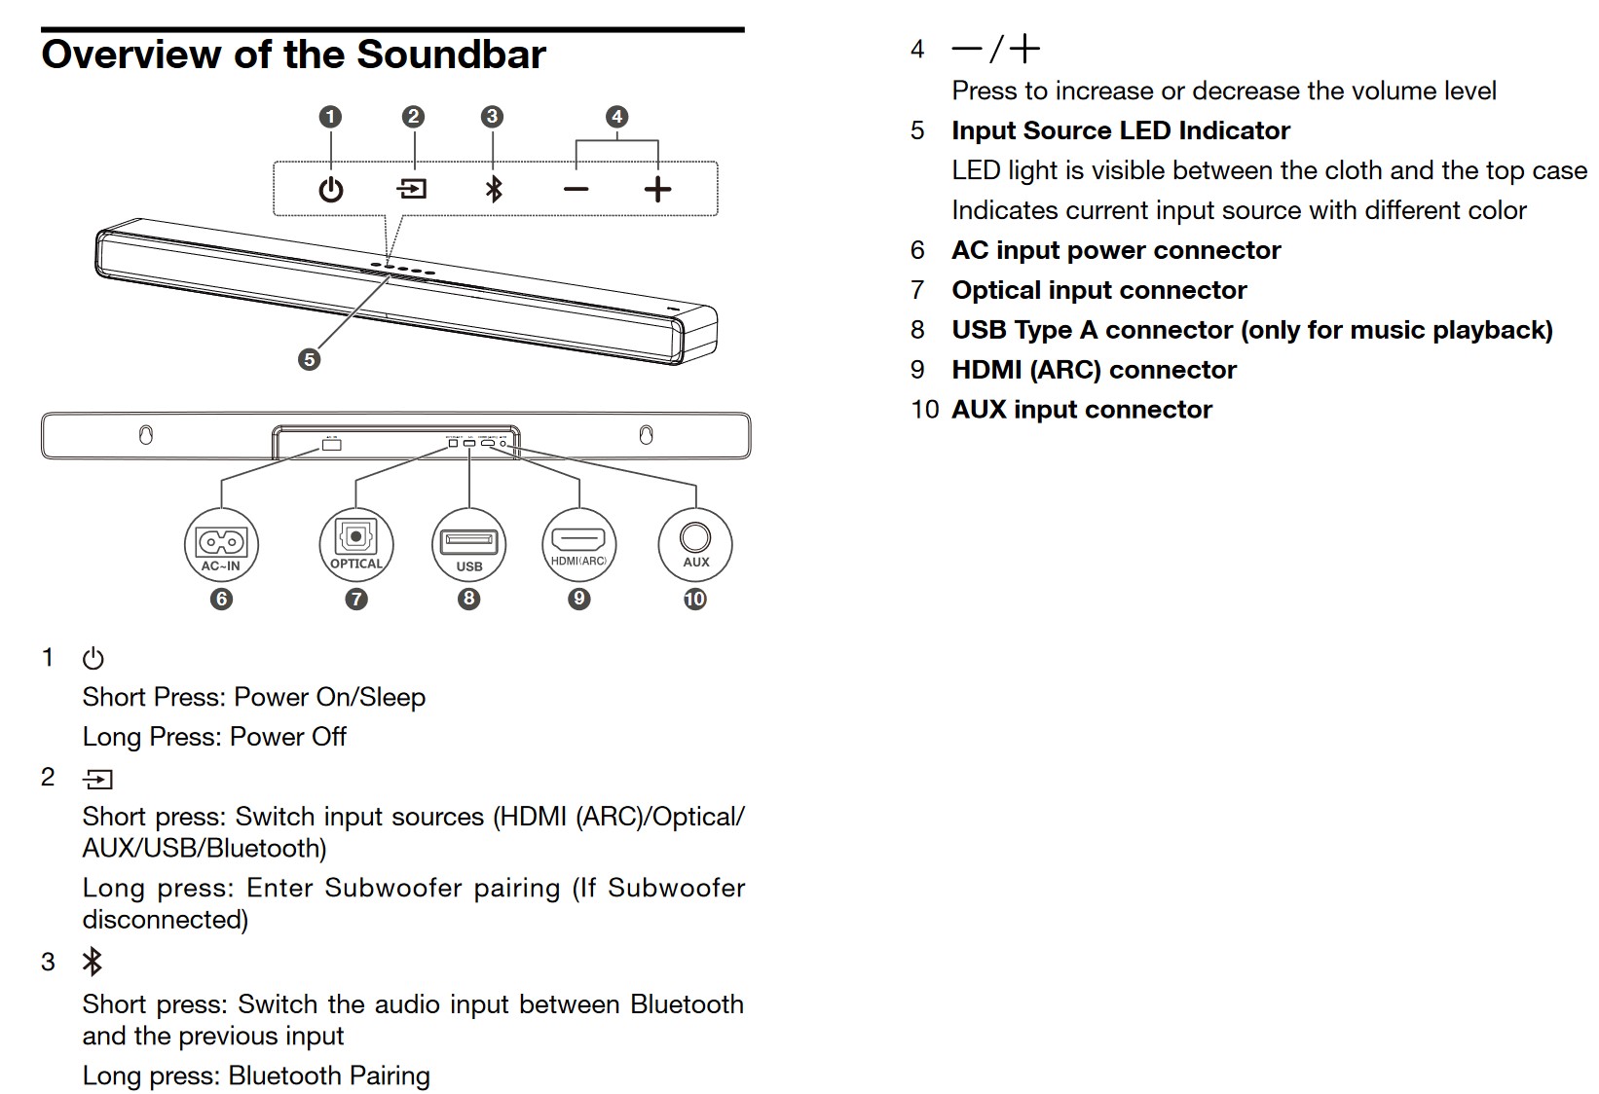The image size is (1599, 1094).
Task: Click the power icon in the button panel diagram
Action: pyautogui.click(x=331, y=189)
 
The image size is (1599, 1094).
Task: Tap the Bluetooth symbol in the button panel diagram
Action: pyautogui.click(x=494, y=189)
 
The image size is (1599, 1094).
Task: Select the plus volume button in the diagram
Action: pyautogui.click(x=657, y=189)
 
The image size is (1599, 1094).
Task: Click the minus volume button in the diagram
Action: pyautogui.click(x=576, y=189)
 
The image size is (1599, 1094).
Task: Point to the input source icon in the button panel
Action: pyautogui.click(x=413, y=189)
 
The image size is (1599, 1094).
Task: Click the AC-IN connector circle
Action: pyautogui.click(x=221, y=545)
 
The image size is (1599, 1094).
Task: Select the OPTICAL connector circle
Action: pyautogui.click(x=356, y=545)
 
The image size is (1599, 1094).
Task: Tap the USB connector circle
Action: pyautogui.click(x=468, y=545)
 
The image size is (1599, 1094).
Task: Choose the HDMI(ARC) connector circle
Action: pyautogui.click(x=578, y=545)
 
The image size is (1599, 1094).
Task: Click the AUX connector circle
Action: pyautogui.click(x=695, y=545)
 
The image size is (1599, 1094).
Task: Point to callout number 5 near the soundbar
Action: pyautogui.click(x=309, y=359)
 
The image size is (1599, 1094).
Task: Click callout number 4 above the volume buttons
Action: pyautogui.click(x=616, y=117)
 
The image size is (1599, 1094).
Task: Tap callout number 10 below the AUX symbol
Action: pyautogui.click(x=694, y=600)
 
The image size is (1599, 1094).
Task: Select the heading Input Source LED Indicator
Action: pyautogui.click(x=1121, y=130)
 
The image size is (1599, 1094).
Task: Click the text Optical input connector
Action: pyautogui.click(x=1099, y=290)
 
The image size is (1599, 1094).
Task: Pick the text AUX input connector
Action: pyautogui.click(x=1082, y=410)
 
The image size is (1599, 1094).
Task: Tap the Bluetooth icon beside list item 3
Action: pyautogui.click(x=93, y=962)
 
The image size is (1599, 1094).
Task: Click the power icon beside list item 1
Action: pyautogui.click(x=93, y=659)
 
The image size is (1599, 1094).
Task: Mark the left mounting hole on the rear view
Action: pyautogui.click(x=146, y=435)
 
